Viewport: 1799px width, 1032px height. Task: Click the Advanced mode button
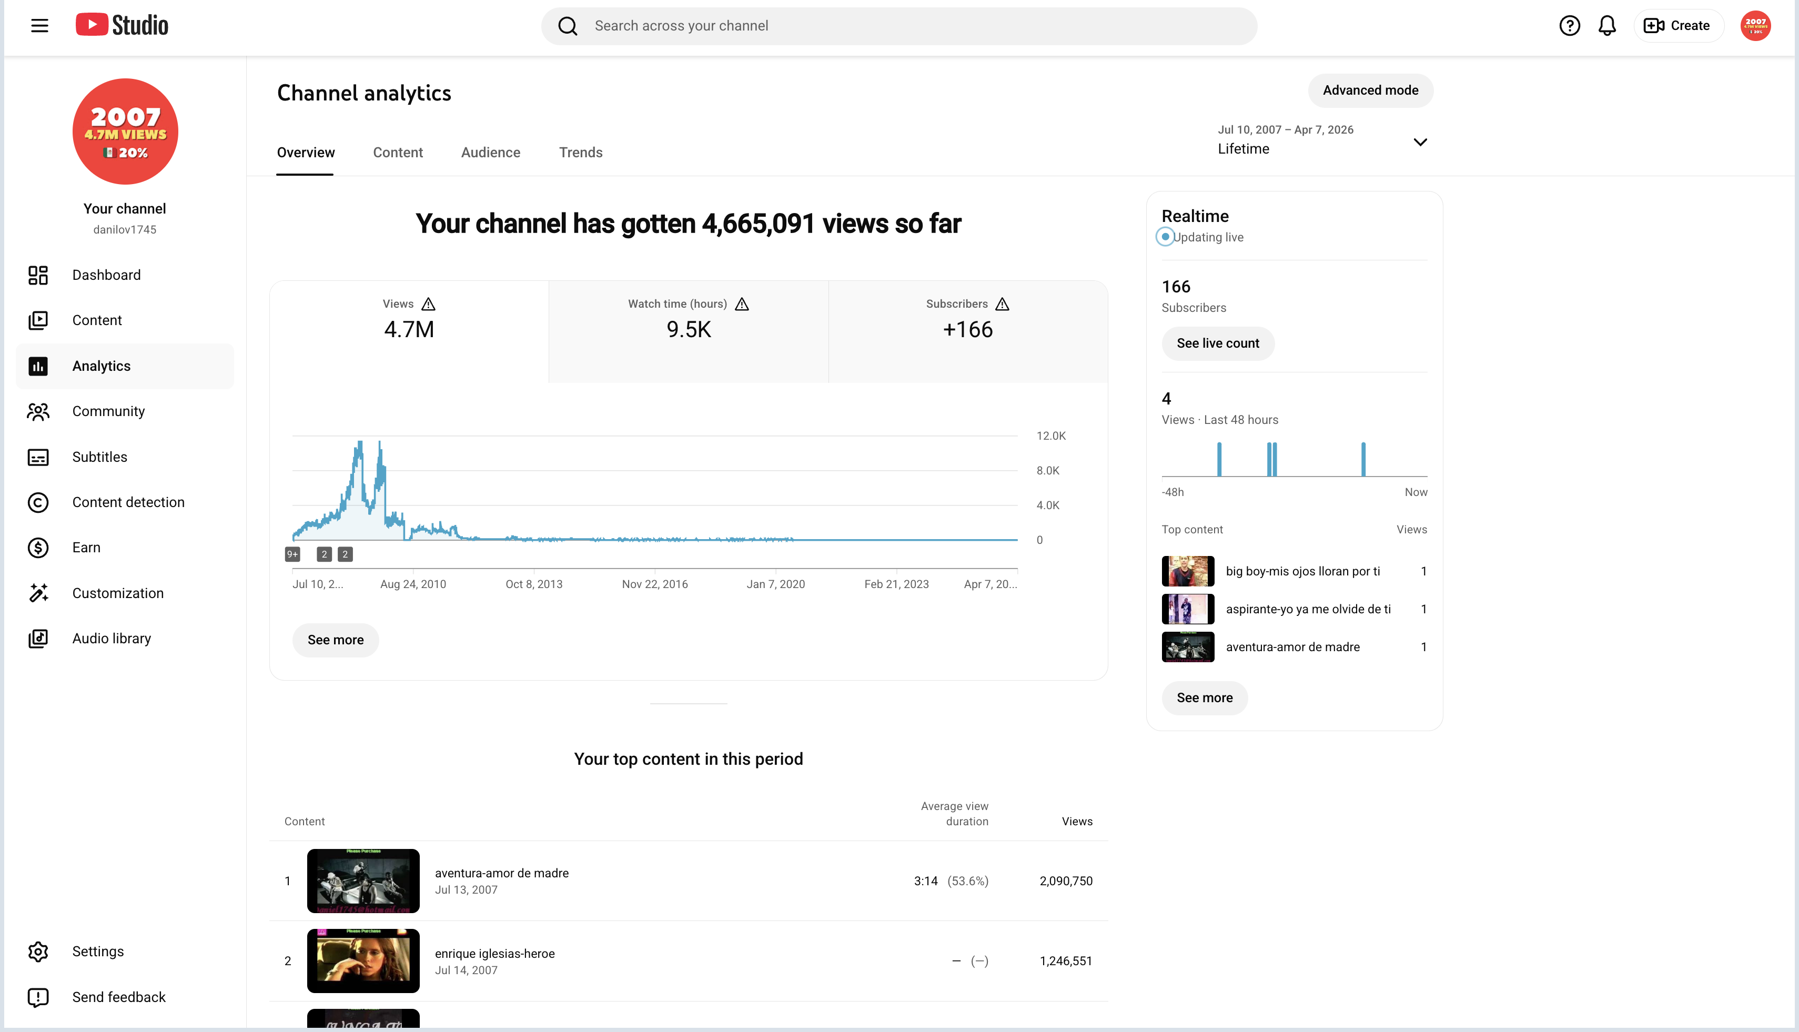point(1370,90)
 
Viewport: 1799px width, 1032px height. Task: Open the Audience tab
point(490,153)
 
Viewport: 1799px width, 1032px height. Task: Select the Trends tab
point(581,153)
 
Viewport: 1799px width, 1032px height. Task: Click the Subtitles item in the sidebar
point(99,457)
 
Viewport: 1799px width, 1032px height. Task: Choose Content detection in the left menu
point(128,502)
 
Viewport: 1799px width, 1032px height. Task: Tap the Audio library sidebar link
point(112,639)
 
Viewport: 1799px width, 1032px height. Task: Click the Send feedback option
point(118,997)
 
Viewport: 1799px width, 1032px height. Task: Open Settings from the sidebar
point(98,951)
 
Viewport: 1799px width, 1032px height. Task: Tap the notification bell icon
point(1607,26)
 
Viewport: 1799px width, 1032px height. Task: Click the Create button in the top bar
point(1677,26)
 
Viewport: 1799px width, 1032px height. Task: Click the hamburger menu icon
point(39,26)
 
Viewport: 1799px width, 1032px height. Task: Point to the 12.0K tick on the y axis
point(1050,436)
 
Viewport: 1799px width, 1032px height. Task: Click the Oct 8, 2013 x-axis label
point(534,584)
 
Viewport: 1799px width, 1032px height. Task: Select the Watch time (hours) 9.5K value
point(688,330)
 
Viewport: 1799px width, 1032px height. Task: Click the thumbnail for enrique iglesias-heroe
point(363,961)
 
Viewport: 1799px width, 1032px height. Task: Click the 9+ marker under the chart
point(292,554)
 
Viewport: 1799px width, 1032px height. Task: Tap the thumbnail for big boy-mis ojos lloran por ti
point(1188,571)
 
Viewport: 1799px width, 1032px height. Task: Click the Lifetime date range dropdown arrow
point(1420,143)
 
